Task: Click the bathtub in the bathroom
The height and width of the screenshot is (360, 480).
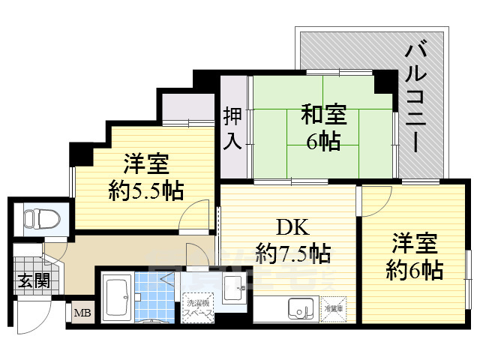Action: pyautogui.click(x=116, y=298)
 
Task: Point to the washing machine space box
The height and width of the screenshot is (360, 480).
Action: pyautogui.click(x=197, y=308)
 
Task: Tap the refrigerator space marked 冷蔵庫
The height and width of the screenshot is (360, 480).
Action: pyautogui.click(x=333, y=307)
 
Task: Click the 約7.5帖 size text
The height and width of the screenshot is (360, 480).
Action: pyautogui.click(x=292, y=253)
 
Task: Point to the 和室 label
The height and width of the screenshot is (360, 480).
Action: pyautogui.click(x=324, y=115)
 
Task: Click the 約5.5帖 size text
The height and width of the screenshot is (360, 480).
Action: pyautogui.click(x=146, y=190)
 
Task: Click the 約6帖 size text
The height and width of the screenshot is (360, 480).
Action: pyautogui.click(x=415, y=268)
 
